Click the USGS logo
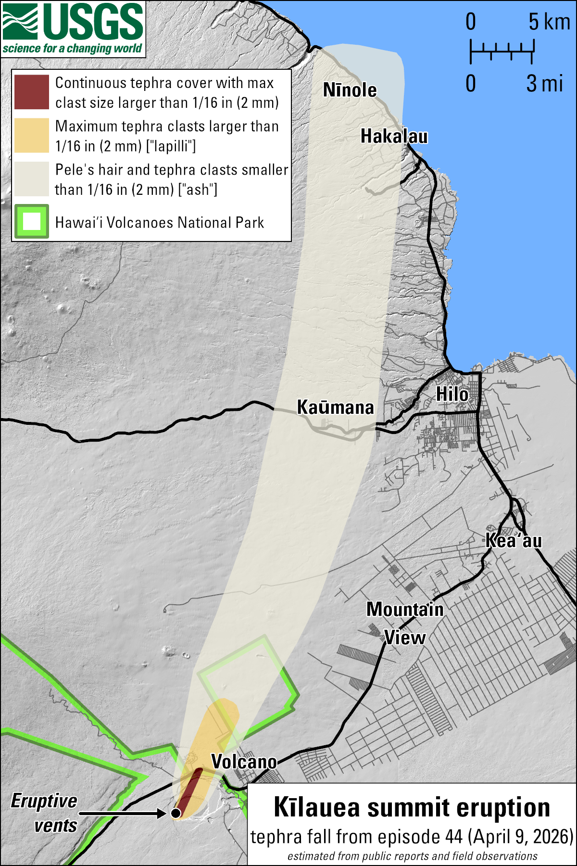tap(73, 29)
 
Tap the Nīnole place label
tap(350, 90)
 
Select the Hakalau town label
tap(394, 136)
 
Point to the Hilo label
tap(452, 395)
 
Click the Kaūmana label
tap(335, 408)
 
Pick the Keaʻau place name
tap(514, 541)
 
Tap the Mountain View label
tap(405, 624)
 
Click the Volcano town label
tap(244, 762)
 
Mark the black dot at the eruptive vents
tap(176, 813)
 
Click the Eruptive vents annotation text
tap(44, 813)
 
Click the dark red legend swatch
tap(32, 92)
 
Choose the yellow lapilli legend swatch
tap(32, 136)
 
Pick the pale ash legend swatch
tap(32, 179)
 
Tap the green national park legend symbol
tap(32, 222)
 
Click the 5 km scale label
tap(549, 22)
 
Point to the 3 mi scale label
tap(544, 84)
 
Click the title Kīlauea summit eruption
tap(412, 807)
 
